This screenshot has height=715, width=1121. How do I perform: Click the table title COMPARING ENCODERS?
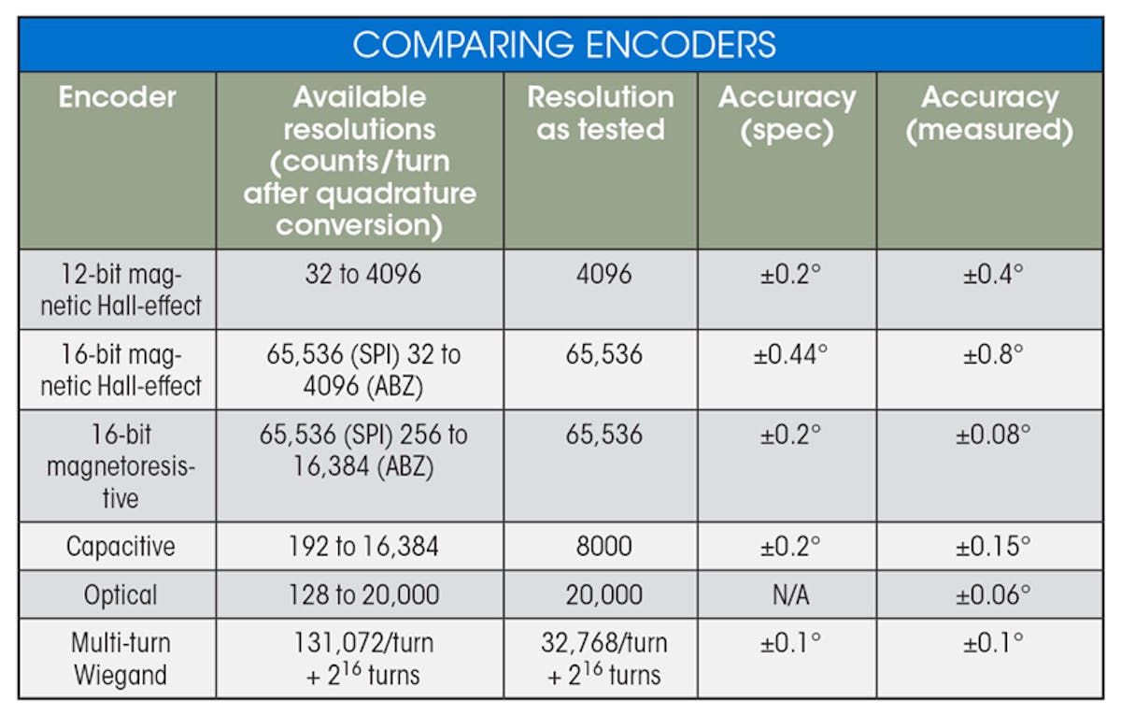pyautogui.click(x=564, y=44)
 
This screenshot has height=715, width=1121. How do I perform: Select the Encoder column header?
pyautogui.click(x=117, y=97)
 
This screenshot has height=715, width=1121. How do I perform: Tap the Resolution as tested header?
pyautogui.click(x=600, y=113)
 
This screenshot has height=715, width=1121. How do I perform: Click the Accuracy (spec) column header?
pyautogui.click(x=787, y=113)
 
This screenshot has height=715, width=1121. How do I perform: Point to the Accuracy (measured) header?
pyautogui.click(x=989, y=113)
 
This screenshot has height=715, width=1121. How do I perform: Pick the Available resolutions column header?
pyautogui.click(x=360, y=161)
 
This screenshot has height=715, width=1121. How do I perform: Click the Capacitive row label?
pyautogui.click(x=120, y=546)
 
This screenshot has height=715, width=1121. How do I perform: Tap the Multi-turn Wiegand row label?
pyautogui.click(x=120, y=658)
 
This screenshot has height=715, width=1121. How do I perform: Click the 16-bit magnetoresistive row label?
pyautogui.click(x=120, y=465)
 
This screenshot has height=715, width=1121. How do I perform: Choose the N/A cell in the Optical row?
pyautogui.click(x=787, y=594)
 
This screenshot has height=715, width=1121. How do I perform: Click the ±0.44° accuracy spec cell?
pyautogui.click(x=787, y=355)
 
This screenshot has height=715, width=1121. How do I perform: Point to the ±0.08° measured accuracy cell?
pyautogui.click(x=989, y=436)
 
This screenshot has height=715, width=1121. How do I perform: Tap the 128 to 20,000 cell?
pyautogui.click(x=360, y=594)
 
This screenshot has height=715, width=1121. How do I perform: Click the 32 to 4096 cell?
pyautogui.click(x=360, y=275)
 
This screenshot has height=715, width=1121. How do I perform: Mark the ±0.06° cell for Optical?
pyautogui.click(x=989, y=594)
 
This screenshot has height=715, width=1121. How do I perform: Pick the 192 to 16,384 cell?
pyautogui.click(x=360, y=546)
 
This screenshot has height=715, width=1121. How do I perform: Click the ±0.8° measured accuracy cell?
pyautogui.click(x=989, y=355)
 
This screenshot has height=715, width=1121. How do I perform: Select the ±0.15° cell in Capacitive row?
pyautogui.click(x=989, y=546)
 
